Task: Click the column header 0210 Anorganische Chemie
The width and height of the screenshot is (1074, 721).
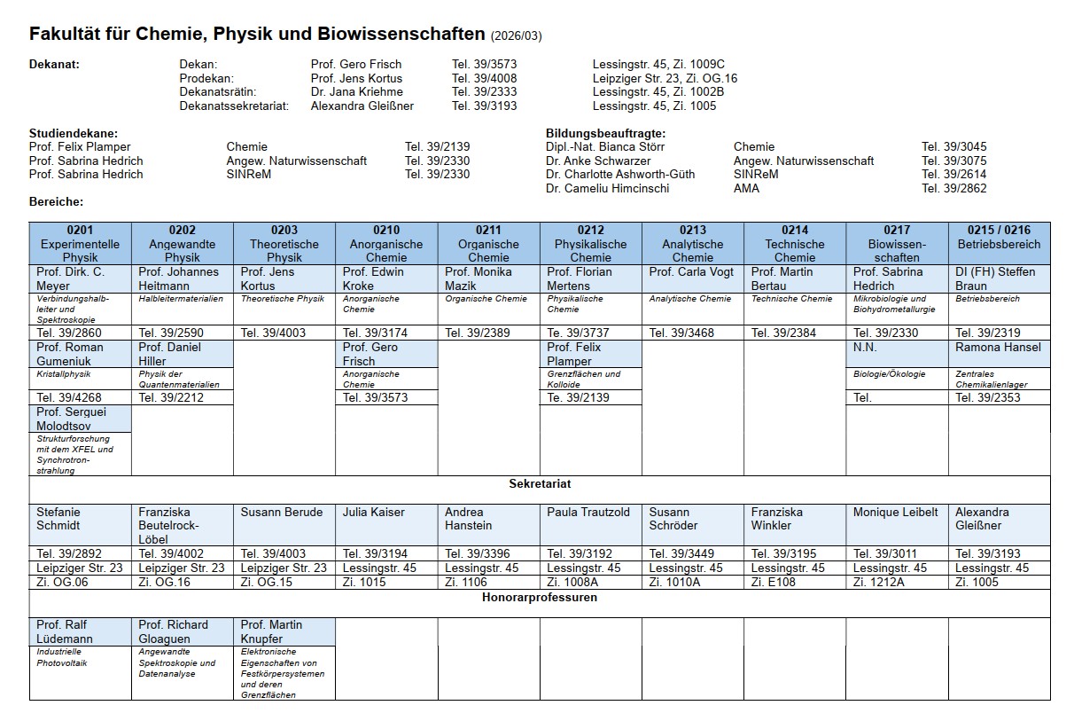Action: [x=386, y=244]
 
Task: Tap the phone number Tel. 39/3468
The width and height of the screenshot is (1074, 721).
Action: [x=681, y=333]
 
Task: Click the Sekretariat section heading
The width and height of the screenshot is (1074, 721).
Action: [x=540, y=484]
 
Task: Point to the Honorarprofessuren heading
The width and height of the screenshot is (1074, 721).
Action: [x=540, y=598]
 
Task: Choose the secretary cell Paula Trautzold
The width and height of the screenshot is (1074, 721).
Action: [x=588, y=513]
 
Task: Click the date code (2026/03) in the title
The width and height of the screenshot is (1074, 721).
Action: [x=516, y=36]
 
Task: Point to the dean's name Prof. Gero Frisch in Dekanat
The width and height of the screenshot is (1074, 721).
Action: [x=356, y=64]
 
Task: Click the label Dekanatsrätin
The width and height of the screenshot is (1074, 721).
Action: [x=218, y=91]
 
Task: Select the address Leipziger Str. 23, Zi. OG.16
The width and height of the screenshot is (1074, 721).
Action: [x=665, y=78]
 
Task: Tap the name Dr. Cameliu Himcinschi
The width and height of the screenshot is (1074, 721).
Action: [x=608, y=188]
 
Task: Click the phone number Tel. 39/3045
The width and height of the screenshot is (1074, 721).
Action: [x=953, y=147]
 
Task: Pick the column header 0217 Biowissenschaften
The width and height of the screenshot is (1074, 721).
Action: [x=897, y=244]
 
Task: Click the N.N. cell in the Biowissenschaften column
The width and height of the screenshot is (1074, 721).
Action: [x=865, y=348]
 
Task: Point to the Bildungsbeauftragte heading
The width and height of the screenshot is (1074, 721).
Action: [x=605, y=133]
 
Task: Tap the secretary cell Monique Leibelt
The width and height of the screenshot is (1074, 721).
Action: [x=895, y=513]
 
